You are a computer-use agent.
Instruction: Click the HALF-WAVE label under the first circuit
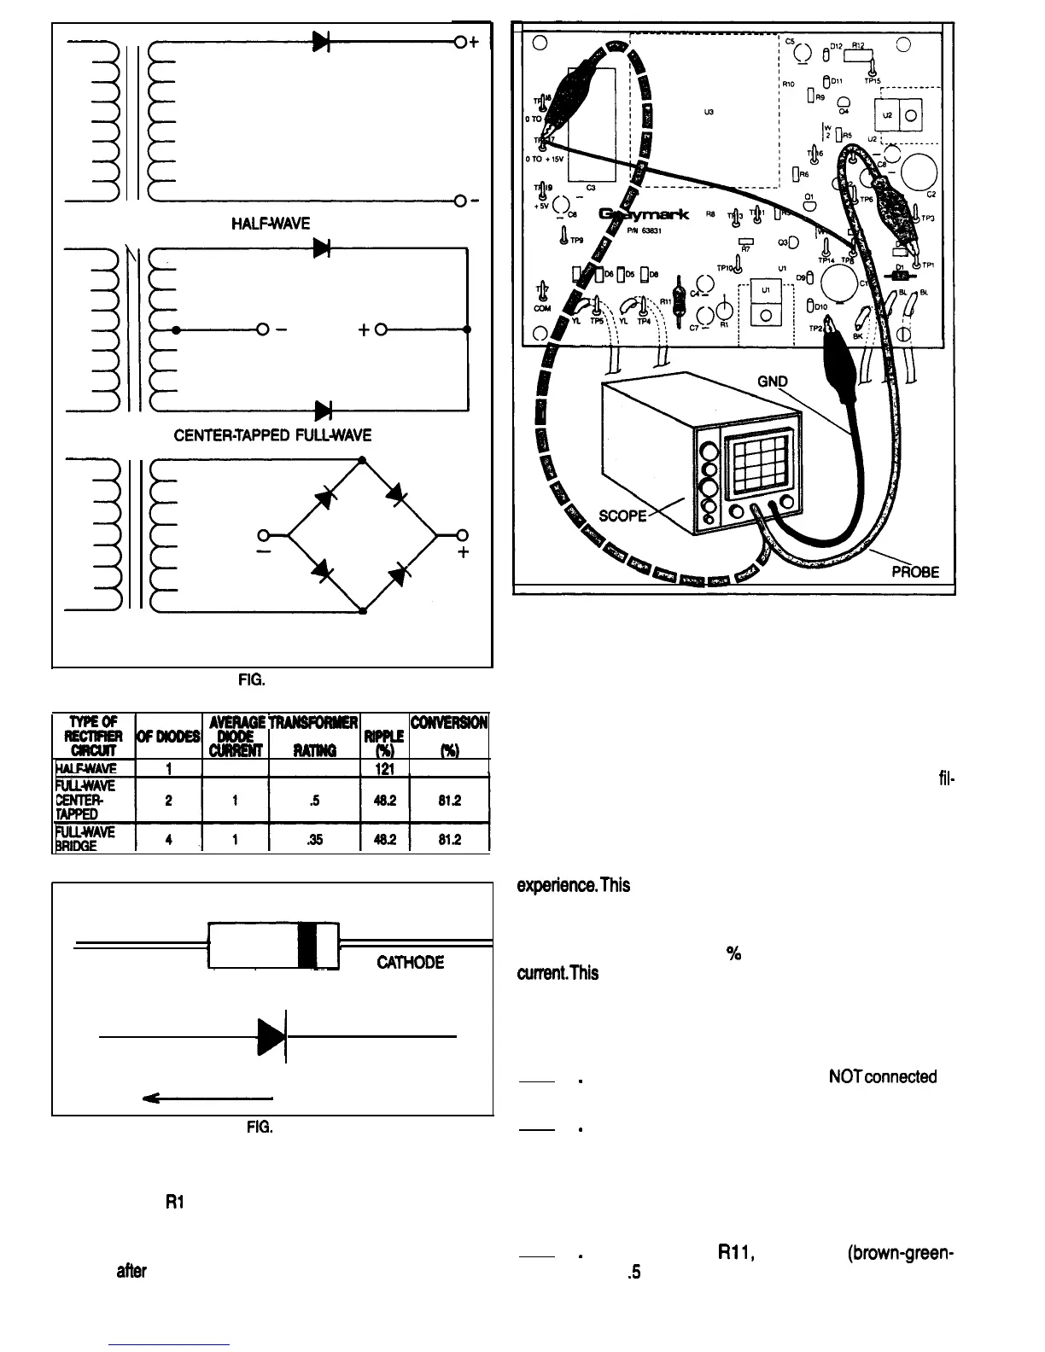(271, 224)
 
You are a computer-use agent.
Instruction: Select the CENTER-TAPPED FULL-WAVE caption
(272, 435)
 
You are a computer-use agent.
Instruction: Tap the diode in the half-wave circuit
(322, 41)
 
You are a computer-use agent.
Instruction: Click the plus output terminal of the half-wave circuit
(460, 41)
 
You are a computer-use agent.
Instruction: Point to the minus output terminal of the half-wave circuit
(460, 201)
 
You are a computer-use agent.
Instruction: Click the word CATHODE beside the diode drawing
(410, 963)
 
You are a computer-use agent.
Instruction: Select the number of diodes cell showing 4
(171, 839)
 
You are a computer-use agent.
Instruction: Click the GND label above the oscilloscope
(774, 382)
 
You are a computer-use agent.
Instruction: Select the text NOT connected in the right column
(883, 1076)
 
